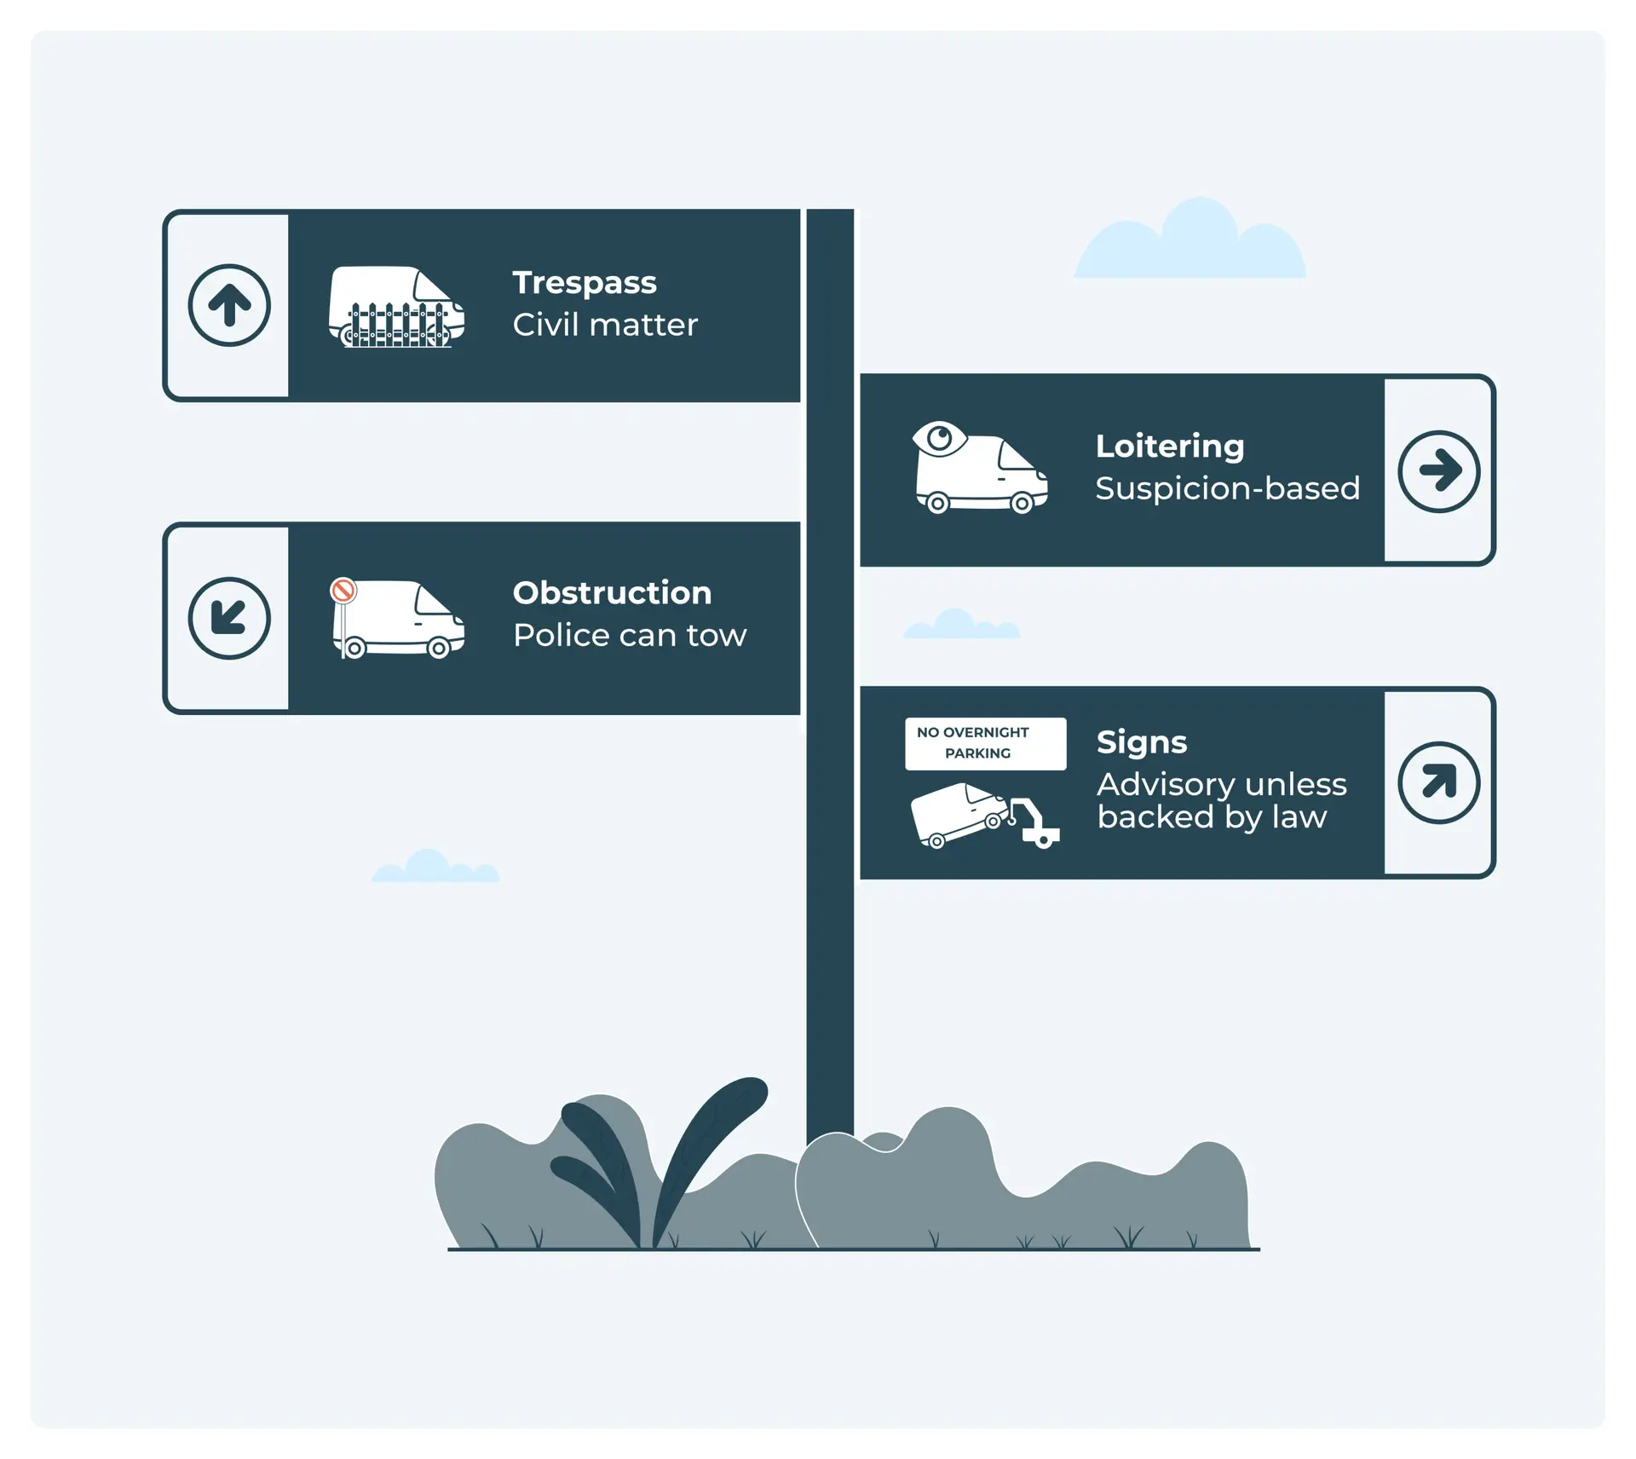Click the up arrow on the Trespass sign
pos(229,305)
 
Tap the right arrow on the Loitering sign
pos(1438,470)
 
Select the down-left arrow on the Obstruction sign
pos(229,618)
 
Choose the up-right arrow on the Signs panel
pos(1438,782)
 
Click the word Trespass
pos(585,282)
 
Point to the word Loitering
pos(1169,446)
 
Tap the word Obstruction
pos(612,593)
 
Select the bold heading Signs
pos(1141,742)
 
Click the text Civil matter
pos(605,325)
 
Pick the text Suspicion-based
pos(1227,488)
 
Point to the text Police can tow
pos(630,635)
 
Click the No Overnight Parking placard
pos(985,743)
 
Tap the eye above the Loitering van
pos(940,439)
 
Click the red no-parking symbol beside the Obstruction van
pos(343,590)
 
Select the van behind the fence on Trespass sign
pos(397,306)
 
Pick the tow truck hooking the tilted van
pos(1035,824)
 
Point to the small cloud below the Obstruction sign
pos(435,867)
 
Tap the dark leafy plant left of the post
pos(656,1159)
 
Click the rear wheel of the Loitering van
pos(937,503)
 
